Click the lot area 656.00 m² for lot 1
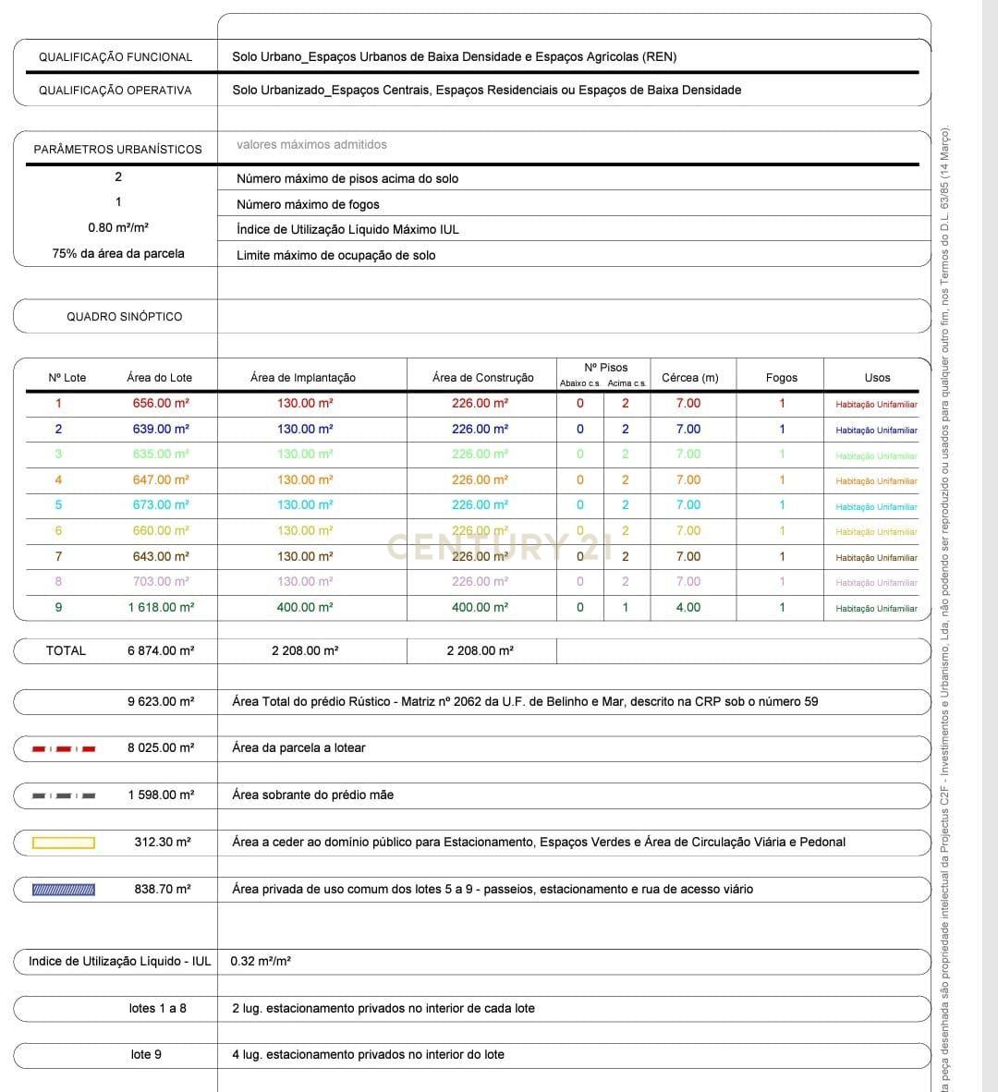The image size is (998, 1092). pyautogui.click(x=161, y=403)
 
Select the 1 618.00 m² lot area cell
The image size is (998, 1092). pyautogui.click(x=161, y=607)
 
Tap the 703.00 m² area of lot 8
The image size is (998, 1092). pyautogui.click(x=161, y=581)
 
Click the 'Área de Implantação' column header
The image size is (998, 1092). pyautogui.click(x=302, y=377)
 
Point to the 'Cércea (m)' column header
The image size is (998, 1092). pyautogui.click(x=689, y=377)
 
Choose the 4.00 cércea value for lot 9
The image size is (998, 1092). pyautogui.click(x=688, y=607)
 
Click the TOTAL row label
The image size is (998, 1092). pyautogui.click(x=66, y=650)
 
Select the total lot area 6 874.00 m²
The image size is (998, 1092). pyautogui.click(x=161, y=650)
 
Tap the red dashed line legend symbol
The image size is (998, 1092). pyautogui.click(x=64, y=748)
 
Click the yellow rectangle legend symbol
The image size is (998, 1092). pyautogui.click(x=64, y=843)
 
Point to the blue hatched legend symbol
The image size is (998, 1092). pyautogui.click(x=64, y=890)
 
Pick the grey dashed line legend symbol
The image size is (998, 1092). pyautogui.click(x=64, y=795)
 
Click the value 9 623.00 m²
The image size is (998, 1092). pyautogui.click(x=161, y=701)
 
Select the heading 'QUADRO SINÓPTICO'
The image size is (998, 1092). pyautogui.click(x=124, y=316)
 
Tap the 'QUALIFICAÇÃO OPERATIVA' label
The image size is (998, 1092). pyautogui.click(x=115, y=90)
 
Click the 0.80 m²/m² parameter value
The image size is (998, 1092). pyautogui.click(x=118, y=227)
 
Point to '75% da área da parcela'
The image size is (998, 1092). pyautogui.click(x=118, y=253)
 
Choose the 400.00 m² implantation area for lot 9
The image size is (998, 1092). pyautogui.click(x=305, y=607)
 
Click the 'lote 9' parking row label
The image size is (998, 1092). pyautogui.click(x=146, y=1054)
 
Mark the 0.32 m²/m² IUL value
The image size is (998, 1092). pyautogui.click(x=261, y=961)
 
